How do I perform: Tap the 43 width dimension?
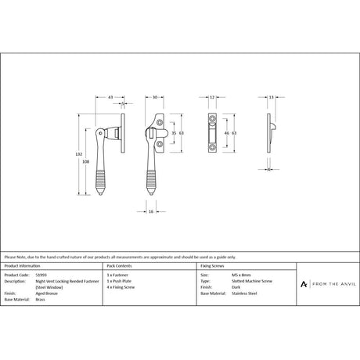(112, 97)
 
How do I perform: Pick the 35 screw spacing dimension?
(173, 133)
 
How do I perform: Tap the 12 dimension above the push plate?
(213, 97)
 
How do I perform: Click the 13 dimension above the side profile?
(270, 97)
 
